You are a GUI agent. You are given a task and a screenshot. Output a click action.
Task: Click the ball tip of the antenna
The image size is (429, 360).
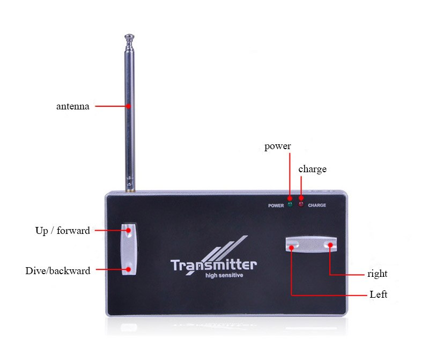[x=129, y=36]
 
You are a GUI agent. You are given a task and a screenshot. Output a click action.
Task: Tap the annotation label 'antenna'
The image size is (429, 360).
[x=73, y=106]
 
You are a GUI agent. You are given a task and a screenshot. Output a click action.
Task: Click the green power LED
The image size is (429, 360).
[x=290, y=204]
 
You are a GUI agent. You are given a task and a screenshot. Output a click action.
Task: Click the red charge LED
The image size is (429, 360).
[x=301, y=204]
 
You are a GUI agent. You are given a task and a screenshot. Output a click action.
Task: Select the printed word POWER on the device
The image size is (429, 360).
[x=276, y=205]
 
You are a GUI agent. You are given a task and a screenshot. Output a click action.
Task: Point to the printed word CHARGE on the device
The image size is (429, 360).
[x=317, y=205]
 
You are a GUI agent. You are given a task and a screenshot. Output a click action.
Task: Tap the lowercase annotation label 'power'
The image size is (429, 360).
[x=277, y=146]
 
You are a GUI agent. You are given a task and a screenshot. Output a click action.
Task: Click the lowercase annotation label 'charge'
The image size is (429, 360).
[x=313, y=170]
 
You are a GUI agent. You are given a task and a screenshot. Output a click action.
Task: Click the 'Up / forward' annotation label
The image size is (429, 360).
[x=63, y=231]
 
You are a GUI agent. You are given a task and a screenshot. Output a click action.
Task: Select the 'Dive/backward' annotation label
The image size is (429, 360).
[x=58, y=271]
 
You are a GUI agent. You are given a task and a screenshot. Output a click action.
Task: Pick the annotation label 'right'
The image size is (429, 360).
[x=378, y=274]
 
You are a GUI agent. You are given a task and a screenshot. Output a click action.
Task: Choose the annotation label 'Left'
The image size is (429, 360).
[x=379, y=295]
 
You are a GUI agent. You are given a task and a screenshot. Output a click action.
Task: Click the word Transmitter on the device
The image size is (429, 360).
[x=213, y=265]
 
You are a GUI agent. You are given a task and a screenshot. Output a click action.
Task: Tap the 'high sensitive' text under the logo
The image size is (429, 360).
[x=224, y=275]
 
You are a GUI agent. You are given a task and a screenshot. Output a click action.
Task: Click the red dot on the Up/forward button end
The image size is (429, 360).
[x=128, y=231]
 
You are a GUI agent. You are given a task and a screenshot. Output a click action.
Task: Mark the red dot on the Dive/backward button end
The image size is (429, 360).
[x=128, y=269]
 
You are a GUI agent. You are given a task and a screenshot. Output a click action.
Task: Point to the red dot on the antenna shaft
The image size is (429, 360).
[x=128, y=106]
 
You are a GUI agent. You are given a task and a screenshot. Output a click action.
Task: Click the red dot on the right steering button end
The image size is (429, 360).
[x=330, y=245]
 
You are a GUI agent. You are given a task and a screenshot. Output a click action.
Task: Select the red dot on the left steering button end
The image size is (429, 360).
[x=292, y=248]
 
